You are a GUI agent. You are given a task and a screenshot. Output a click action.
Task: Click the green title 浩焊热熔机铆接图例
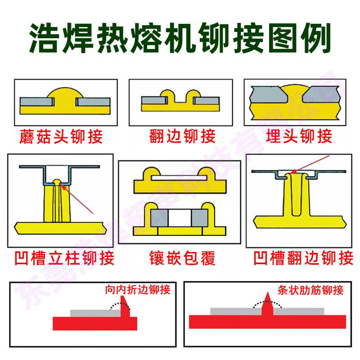pos(180,36)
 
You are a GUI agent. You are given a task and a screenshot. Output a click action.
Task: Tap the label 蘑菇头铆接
pos(62,136)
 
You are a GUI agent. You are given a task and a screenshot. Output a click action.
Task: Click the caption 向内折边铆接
pos(137,289)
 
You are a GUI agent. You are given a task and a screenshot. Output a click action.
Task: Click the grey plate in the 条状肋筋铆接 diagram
pos(234,311)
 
